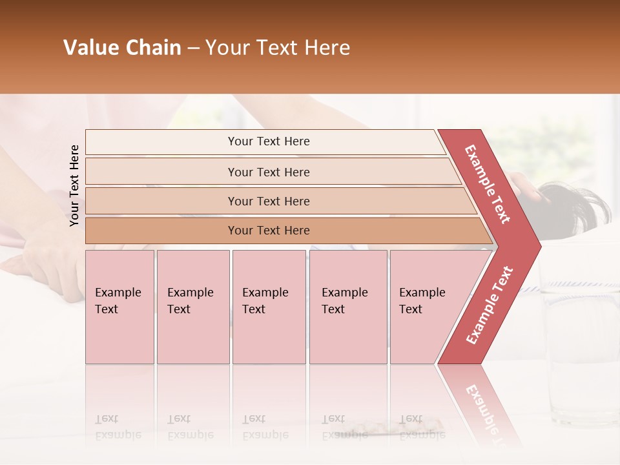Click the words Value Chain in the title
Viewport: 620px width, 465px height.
[x=122, y=48]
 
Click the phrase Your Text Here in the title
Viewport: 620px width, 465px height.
[x=278, y=48]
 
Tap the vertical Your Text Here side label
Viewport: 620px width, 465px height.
[x=74, y=185]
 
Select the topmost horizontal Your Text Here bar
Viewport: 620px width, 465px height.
[x=268, y=141]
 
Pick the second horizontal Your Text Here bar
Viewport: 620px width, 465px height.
[x=268, y=172]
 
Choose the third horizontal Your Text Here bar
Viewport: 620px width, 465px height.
[x=268, y=201]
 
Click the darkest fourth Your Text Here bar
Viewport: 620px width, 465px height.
[x=268, y=231]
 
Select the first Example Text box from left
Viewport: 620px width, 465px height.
[x=119, y=307]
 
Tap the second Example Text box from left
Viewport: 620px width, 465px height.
[x=192, y=307]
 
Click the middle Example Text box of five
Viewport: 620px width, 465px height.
[x=269, y=307]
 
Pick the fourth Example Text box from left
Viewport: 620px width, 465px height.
[x=347, y=307]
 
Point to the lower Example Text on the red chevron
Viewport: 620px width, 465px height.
[x=490, y=305]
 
